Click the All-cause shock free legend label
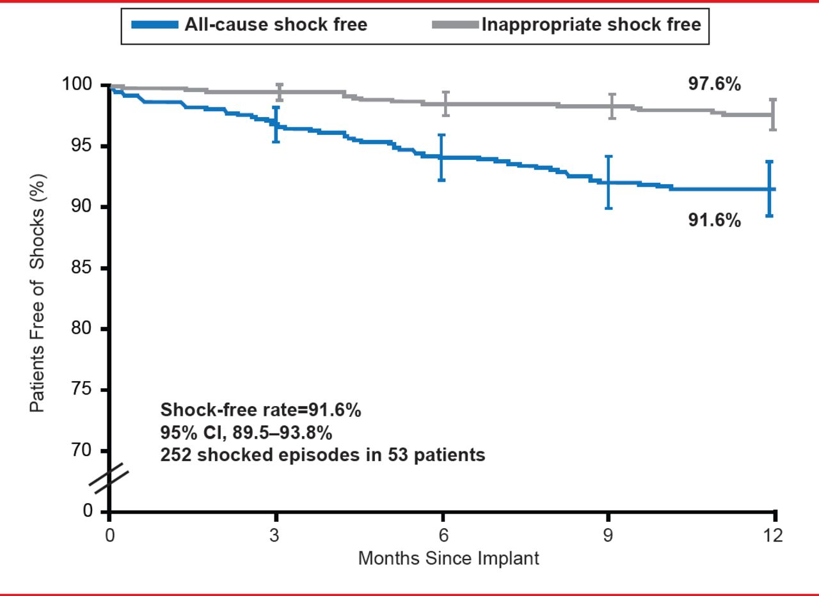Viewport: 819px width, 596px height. [276, 25]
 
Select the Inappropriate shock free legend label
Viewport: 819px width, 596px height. [591, 25]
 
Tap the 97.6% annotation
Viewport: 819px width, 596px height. [715, 84]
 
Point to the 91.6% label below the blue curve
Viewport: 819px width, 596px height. [715, 221]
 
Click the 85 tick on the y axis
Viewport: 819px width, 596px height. [89, 268]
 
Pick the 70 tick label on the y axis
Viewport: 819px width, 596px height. [89, 451]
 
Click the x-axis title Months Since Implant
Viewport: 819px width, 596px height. [449, 558]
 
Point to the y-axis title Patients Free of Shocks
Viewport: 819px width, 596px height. [38, 293]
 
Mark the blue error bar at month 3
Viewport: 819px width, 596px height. [276, 124]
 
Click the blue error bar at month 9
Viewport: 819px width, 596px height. [608, 182]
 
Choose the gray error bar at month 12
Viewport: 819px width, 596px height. [773, 114]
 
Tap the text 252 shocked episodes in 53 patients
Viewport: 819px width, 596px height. [322, 456]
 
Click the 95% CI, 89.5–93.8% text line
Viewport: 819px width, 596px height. [246, 433]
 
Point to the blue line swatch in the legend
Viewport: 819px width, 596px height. [154, 25]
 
